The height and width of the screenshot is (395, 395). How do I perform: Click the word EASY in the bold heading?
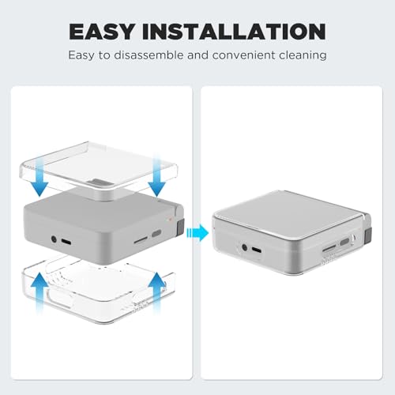[x=102, y=32]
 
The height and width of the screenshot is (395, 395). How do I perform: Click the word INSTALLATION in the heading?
[x=234, y=32]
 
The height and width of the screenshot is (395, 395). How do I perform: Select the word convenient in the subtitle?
[x=243, y=55]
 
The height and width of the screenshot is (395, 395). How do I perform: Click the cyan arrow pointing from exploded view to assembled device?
[x=197, y=232]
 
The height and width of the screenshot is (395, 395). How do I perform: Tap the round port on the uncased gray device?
[x=54, y=239]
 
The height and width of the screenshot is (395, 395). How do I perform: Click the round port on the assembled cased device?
[x=245, y=247]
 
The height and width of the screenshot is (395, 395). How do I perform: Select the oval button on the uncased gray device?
[x=156, y=234]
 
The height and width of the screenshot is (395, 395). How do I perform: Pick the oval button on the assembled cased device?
[x=344, y=242]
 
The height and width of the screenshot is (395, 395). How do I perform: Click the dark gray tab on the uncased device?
[x=180, y=226]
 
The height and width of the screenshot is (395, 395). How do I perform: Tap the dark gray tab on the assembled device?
[x=368, y=235]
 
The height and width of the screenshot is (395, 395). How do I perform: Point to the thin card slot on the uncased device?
[x=141, y=240]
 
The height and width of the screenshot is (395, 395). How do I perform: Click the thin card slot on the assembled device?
[x=329, y=248]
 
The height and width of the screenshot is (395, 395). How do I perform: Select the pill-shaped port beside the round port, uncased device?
[x=66, y=242]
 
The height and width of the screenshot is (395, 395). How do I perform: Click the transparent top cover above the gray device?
[x=99, y=168]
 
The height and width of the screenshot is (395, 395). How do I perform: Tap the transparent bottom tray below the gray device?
[x=99, y=290]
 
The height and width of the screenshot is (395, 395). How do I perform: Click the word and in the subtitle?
[x=197, y=55]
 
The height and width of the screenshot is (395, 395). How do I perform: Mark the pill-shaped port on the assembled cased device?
[x=257, y=250]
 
